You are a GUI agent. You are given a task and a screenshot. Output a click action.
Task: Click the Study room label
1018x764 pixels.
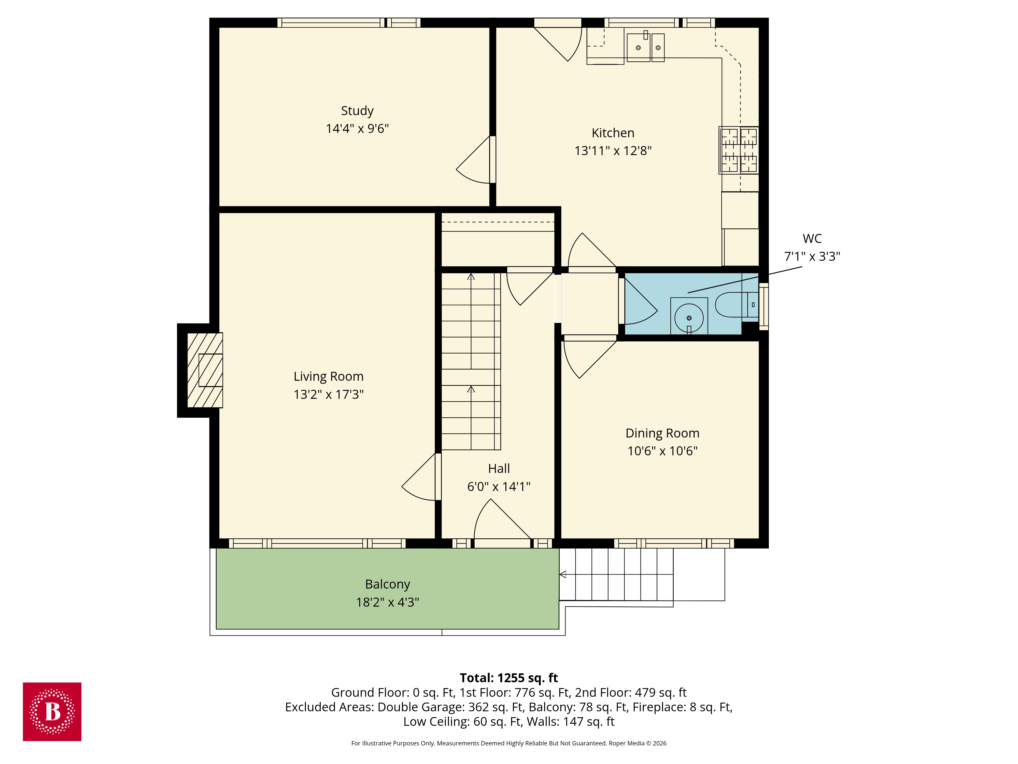click(x=357, y=111)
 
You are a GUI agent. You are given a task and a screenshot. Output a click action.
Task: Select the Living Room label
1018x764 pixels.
click(x=329, y=377)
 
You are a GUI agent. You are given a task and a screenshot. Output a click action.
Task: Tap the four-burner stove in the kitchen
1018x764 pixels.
click(x=739, y=151)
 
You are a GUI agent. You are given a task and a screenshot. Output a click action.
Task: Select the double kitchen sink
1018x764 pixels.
click(x=645, y=47)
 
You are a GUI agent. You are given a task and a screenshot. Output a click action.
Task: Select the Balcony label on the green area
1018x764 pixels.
click(x=388, y=584)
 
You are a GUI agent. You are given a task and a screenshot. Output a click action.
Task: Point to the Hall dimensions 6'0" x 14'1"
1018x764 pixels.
click(x=499, y=487)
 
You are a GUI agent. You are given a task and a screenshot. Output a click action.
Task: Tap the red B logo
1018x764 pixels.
click(x=52, y=712)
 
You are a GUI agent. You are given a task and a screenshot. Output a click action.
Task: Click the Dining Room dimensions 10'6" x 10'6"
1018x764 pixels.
click(x=662, y=451)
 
